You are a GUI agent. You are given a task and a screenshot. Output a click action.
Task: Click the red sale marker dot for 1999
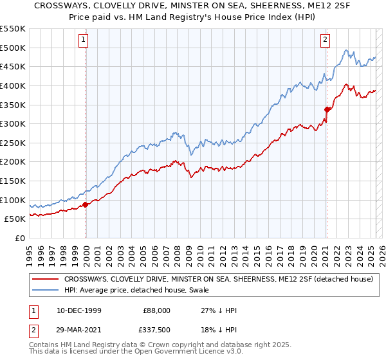86,205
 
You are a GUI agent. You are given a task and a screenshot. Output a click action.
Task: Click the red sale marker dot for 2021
327,109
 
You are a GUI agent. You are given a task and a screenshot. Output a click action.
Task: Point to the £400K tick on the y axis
14,85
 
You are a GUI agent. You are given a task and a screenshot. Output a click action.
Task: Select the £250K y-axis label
14,143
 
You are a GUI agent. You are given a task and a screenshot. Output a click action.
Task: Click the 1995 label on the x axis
30,251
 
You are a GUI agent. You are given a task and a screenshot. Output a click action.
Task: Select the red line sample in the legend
46,279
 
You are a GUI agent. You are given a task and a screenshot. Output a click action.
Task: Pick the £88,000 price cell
157,310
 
